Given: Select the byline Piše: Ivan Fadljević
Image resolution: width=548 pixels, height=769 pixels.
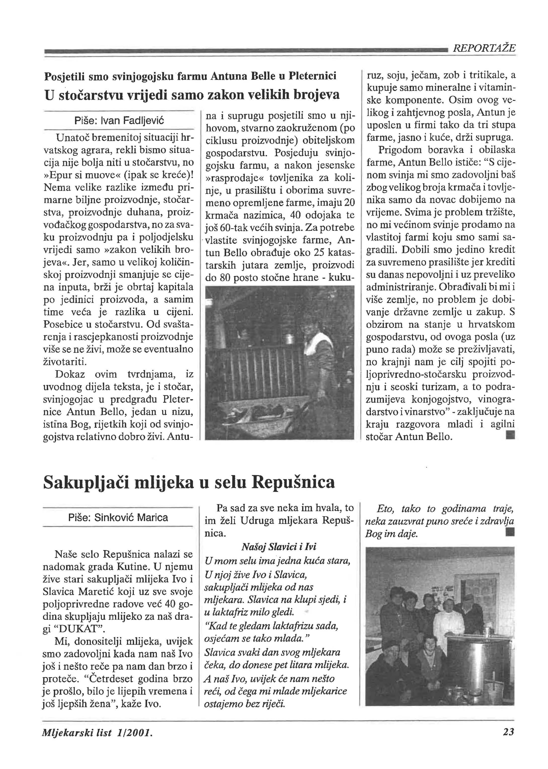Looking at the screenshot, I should pos(119,121).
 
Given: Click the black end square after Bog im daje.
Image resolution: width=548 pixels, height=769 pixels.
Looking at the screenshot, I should pos(510,534).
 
